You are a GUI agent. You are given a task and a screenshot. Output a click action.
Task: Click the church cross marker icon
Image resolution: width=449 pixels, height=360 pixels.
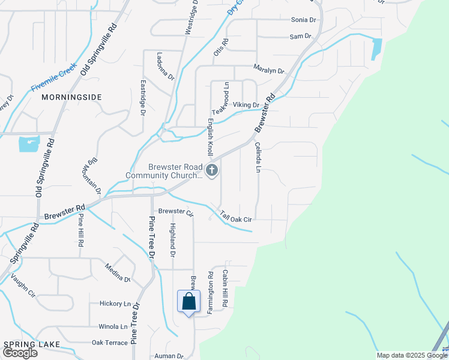(211, 171)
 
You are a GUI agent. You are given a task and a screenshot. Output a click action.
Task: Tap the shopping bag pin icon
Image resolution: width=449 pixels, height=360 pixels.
(188, 301)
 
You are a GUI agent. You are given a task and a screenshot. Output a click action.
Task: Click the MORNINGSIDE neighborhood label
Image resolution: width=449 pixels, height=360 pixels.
(71, 97)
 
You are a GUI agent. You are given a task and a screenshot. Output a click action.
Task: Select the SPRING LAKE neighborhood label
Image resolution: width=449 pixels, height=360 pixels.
(31, 344)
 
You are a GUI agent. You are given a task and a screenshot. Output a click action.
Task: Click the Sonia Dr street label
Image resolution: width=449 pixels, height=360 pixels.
(303, 20)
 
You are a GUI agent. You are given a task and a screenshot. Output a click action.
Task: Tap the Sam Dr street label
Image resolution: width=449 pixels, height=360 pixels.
(300, 37)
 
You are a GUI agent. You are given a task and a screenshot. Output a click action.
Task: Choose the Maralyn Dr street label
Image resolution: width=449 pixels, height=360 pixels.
(268, 70)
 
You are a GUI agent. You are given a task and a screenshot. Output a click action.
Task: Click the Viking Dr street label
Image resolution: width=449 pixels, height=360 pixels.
(246, 105)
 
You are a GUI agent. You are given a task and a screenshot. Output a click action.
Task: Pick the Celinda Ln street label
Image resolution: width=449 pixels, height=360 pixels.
(258, 157)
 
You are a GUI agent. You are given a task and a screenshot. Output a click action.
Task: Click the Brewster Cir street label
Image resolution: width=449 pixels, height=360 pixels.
(176, 212)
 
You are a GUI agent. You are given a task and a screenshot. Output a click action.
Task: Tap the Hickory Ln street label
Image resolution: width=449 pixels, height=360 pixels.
(115, 304)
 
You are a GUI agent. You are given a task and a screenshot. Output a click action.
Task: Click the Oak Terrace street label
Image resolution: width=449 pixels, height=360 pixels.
(110, 343)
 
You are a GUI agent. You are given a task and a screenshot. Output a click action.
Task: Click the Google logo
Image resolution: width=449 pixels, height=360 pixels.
(20, 352)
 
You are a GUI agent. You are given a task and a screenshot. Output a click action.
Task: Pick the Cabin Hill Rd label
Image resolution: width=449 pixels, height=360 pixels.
(224, 289)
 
